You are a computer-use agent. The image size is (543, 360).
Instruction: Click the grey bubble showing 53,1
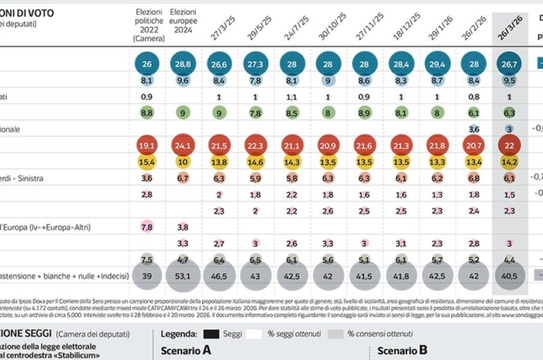coord(184,276)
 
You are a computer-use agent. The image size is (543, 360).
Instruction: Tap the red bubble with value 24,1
coord(184,146)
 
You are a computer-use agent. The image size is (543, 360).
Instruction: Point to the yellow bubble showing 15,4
coord(147,162)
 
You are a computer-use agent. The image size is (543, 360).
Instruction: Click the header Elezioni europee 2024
coord(183,21)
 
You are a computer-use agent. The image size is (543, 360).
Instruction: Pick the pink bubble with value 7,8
coord(147,227)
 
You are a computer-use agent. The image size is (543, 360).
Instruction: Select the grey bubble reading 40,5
coord(510,276)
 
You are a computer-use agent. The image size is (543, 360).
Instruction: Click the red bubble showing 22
coord(510,146)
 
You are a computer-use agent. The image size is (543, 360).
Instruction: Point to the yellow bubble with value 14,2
coord(510,162)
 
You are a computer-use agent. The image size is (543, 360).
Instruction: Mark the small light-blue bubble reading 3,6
coord(474,129)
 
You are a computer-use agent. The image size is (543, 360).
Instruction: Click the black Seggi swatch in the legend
coord(214,333)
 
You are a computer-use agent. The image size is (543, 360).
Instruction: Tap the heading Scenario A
coord(186,350)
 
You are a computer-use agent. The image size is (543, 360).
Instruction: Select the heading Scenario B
coord(402,350)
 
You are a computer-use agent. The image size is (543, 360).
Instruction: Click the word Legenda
coord(180,333)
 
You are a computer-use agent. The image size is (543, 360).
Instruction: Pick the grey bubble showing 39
coord(147,276)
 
